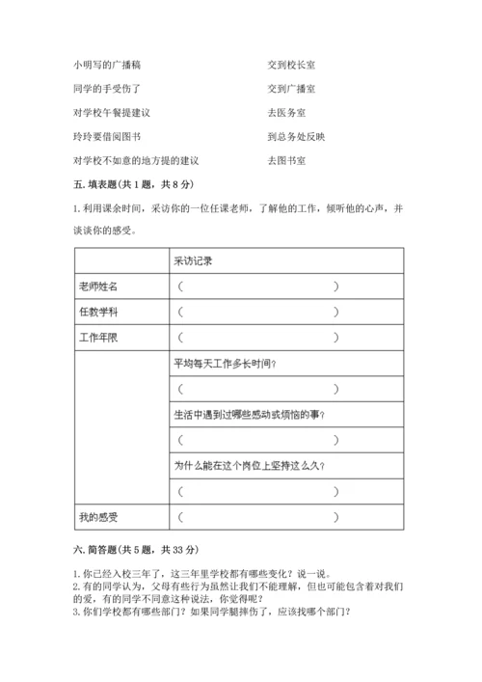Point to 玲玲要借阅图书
tap(106, 137)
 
